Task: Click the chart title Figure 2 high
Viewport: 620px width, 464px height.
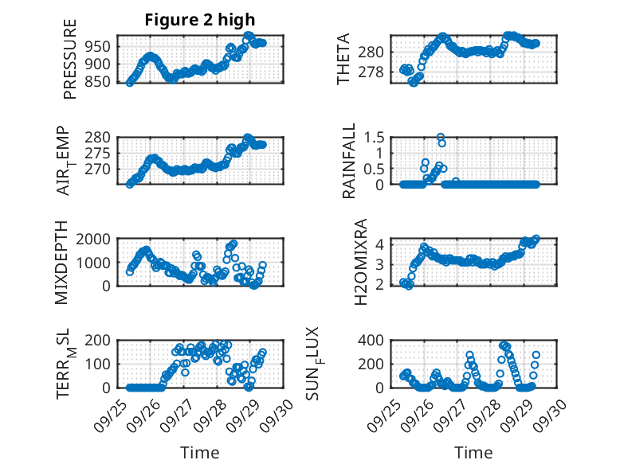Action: pyautogui.click(x=200, y=20)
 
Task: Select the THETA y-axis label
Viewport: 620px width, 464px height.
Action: pyautogui.click(x=343, y=59)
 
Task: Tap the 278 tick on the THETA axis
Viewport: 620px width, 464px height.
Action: pyautogui.click(x=375, y=72)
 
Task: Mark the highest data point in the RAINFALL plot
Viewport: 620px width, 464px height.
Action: pyautogui.click(x=440, y=137)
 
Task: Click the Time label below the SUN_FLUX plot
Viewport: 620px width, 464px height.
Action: pyautogui.click(x=473, y=452)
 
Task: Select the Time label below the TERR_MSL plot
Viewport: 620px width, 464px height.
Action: pyautogui.click(x=200, y=452)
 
